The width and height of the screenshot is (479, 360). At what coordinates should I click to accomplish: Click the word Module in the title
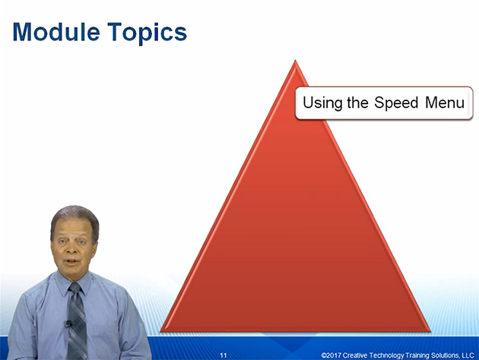coord(56,32)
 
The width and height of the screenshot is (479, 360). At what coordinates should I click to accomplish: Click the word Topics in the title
coord(148,33)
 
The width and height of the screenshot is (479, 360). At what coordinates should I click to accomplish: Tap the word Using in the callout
coord(322,104)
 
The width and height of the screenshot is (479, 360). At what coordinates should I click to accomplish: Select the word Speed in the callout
coord(396,104)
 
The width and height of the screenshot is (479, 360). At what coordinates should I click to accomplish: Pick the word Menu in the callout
coord(445,103)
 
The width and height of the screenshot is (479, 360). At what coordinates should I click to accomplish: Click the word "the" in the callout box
coord(357,103)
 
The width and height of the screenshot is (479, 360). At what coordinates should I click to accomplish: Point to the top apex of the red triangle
coord(295,60)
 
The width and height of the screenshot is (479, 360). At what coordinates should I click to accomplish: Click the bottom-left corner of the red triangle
coord(160,332)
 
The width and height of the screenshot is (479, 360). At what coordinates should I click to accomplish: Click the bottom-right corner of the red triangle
coord(431,332)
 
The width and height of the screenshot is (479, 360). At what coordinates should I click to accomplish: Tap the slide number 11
coord(224,355)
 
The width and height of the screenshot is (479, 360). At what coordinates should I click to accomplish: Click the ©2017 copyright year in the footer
coord(331,355)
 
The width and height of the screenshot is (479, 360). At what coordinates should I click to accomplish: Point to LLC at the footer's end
coord(468,355)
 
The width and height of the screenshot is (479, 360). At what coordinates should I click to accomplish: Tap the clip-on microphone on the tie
coord(68,323)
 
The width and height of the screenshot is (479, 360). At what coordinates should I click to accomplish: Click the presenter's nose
coord(72,250)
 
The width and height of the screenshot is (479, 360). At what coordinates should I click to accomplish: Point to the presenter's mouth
coord(72,262)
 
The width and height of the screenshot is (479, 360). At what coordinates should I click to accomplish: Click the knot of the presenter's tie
coord(75,288)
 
